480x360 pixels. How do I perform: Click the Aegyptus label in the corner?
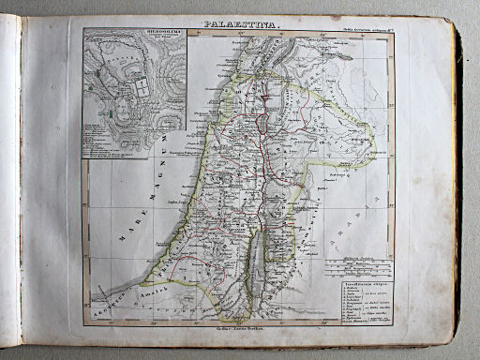tap(106, 306)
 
